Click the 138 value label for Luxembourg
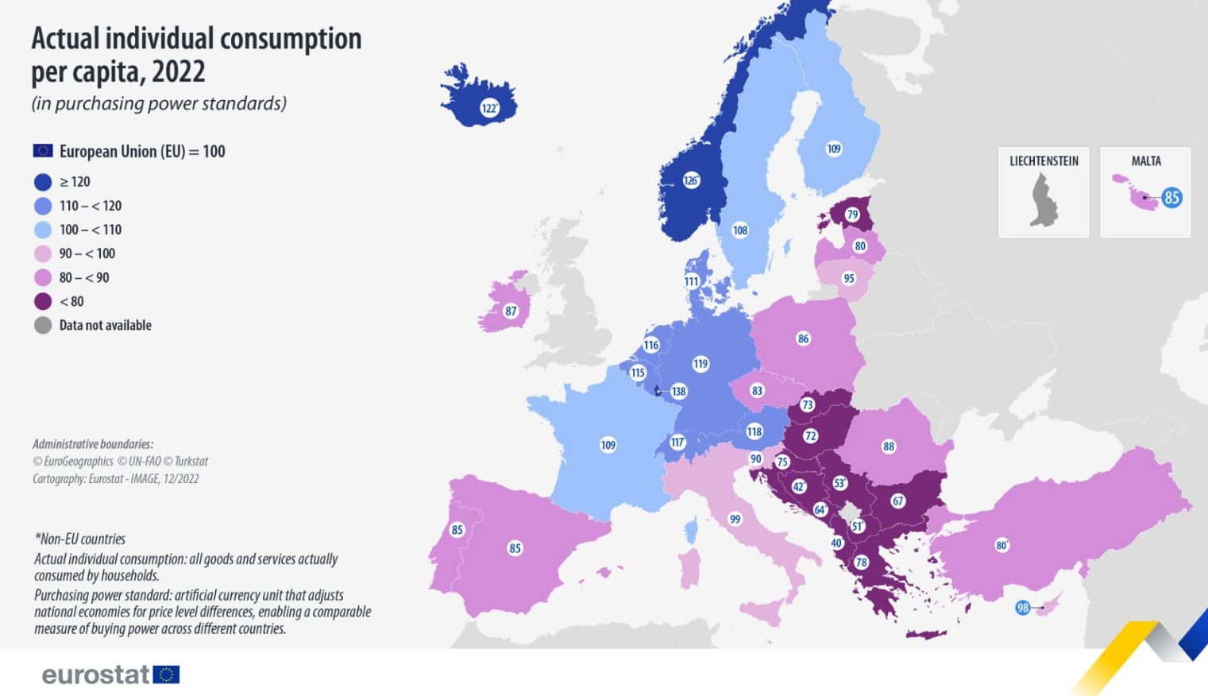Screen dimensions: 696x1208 pyautogui.click(x=678, y=391)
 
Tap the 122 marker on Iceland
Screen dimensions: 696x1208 pyautogui.click(x=489, y=108)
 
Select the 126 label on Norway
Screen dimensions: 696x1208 pyautogui.click(x=691, y=180)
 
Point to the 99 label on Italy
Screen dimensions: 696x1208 pyautogui.click(x=735, y=519)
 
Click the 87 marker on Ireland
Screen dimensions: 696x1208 pyautogui.click(x=511, y=311)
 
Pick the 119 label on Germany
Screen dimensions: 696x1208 pyautogui.click(x=700, y=364)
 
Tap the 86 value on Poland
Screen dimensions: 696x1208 pyautogui.click(x=803, y=338)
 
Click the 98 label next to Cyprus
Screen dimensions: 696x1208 pyautogui.click(x=1023, y=608)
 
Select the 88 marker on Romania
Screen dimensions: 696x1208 pyautogui.click(x=889, y=447)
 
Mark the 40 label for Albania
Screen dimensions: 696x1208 pyautogui.click(x=836, y=543)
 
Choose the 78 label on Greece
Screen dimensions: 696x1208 pyautogui.click(x=861, y=563)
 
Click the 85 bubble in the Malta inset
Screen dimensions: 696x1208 pyautogui.click(x=1171, y=198)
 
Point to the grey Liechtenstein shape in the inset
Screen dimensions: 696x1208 pyautogui.click(x=1044, y=201)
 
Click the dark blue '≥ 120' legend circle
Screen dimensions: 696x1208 pyautogui.click(x=43, y=182)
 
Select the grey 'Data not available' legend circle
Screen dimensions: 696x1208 pyautogui.click(x=43, y=325)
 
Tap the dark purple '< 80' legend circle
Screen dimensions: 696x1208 pyautogui.click(x=43, y=301)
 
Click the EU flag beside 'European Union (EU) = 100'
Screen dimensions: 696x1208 pyautogui.click(x=43, y=151)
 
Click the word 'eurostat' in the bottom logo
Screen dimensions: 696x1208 pyautogui.click(x=95, y=675)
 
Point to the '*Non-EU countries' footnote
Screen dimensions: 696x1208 pyautogui.click(x=79, y=539)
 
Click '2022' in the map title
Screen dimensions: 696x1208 pyautogui.click(x=179, y=72)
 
